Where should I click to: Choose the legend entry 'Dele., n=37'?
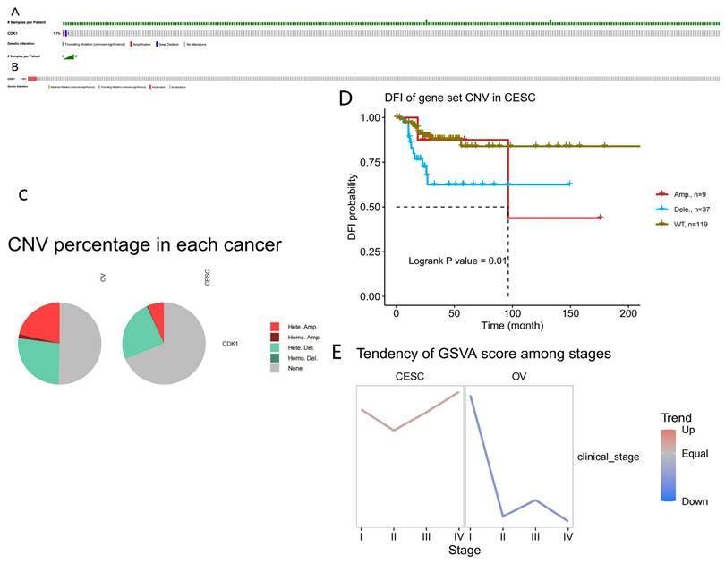pyautogui.click(x=694, y=208)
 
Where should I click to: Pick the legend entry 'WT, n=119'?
pyautogui.click(x=693, y=223)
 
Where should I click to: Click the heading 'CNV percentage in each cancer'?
pyautogui.click(x=144, y=244)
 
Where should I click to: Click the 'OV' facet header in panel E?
pyautogui.click(x=519, y=376)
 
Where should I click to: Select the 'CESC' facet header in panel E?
pyautogui.click(x=409, y=376)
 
